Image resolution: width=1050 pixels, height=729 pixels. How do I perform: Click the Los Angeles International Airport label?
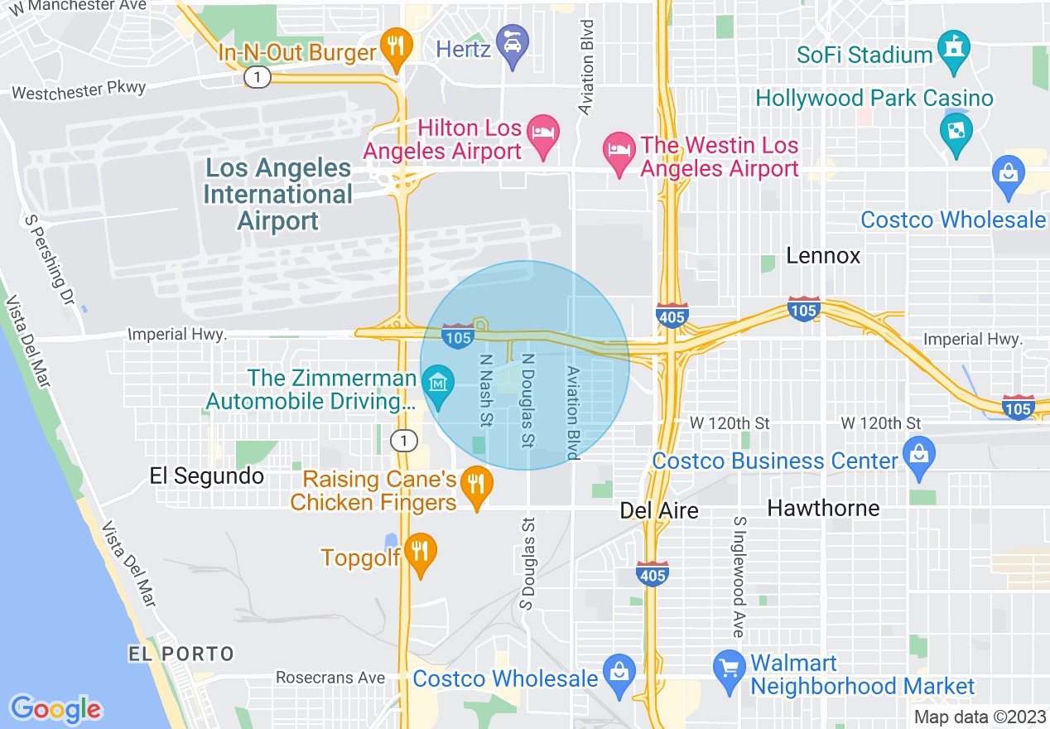point(278,194)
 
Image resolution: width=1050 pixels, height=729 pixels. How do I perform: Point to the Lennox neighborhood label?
point(823,255)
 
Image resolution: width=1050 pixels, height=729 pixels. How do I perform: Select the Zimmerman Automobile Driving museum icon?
point(437,384)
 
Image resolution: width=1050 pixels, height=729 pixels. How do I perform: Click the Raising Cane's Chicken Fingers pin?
point(475,484)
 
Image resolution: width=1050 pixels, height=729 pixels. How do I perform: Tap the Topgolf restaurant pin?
point(421,552)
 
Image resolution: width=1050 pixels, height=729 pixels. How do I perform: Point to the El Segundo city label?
point(206,476)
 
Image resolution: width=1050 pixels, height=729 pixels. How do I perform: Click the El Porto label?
point(181,654)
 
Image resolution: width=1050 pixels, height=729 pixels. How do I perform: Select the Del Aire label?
point(658,510)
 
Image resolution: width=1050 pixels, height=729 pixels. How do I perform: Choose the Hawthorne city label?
point(823,507)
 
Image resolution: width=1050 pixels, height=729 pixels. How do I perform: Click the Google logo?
point(55,709)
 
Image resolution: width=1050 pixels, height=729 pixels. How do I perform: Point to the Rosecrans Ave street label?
point(330,678)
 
